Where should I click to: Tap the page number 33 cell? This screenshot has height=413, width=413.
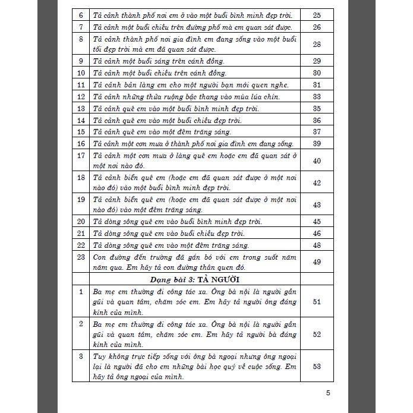316,97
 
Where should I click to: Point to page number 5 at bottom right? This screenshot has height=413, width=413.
329,392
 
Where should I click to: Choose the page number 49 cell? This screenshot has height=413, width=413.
316,262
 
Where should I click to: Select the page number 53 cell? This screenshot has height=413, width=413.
316,366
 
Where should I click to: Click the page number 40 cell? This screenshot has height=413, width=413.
316,161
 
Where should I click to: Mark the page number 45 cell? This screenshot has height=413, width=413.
316,222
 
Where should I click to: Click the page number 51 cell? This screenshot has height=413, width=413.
316,302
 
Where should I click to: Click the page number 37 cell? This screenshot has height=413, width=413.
316,132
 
